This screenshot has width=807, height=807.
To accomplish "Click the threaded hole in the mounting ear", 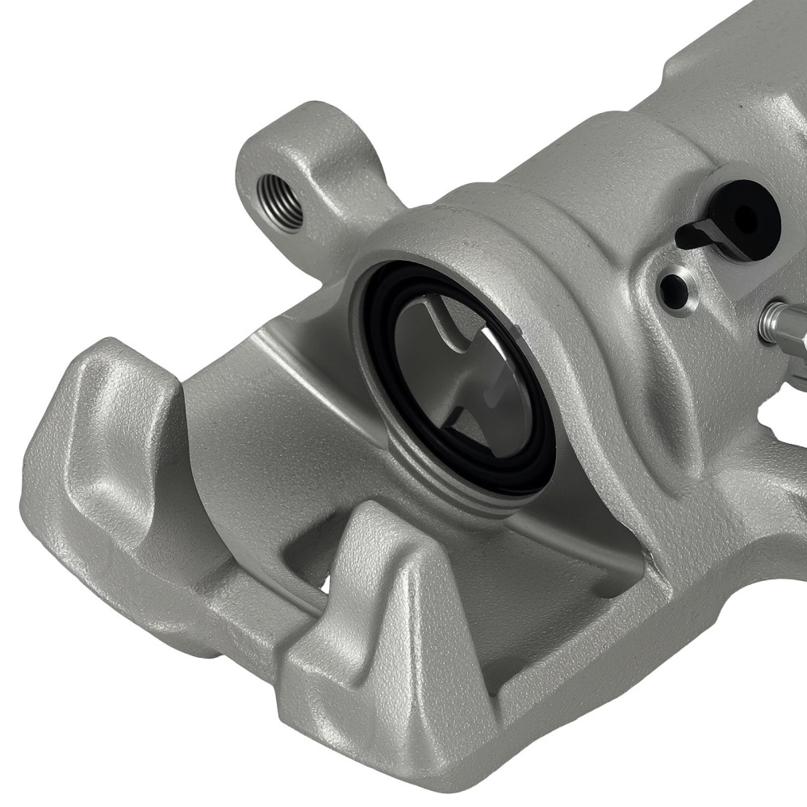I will pyautogui.click(x=279, y=203).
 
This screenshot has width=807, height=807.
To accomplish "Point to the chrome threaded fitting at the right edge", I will pyautogui.click(x=779, y=323).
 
